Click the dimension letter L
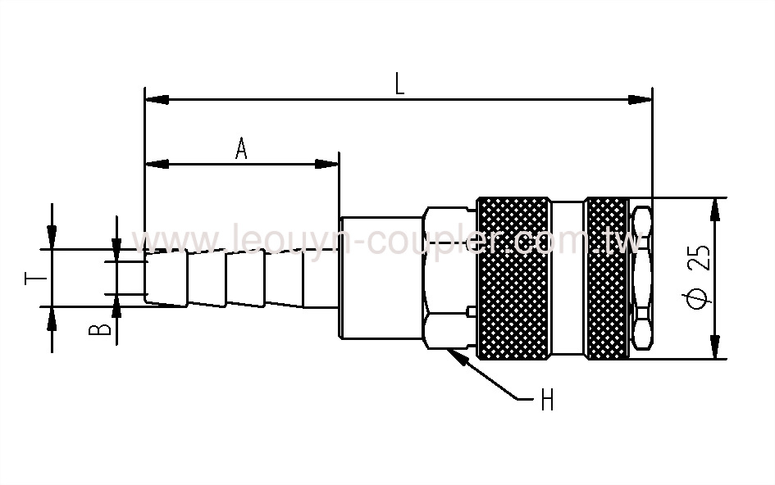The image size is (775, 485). pos(399,84)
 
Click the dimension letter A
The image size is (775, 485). pos(241,148)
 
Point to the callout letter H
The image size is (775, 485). pos(547,401)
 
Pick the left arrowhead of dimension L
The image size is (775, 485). pos(156,100)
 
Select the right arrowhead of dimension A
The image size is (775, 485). pos(328,164)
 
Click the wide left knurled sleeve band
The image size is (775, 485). pos(513,279)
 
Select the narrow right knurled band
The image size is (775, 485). pos(608,279)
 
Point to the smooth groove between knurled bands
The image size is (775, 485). pos(568,279)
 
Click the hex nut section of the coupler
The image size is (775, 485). pos(448,279)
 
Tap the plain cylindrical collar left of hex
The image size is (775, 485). pos(381,279)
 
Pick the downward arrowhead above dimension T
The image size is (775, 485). pos(52,237)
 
